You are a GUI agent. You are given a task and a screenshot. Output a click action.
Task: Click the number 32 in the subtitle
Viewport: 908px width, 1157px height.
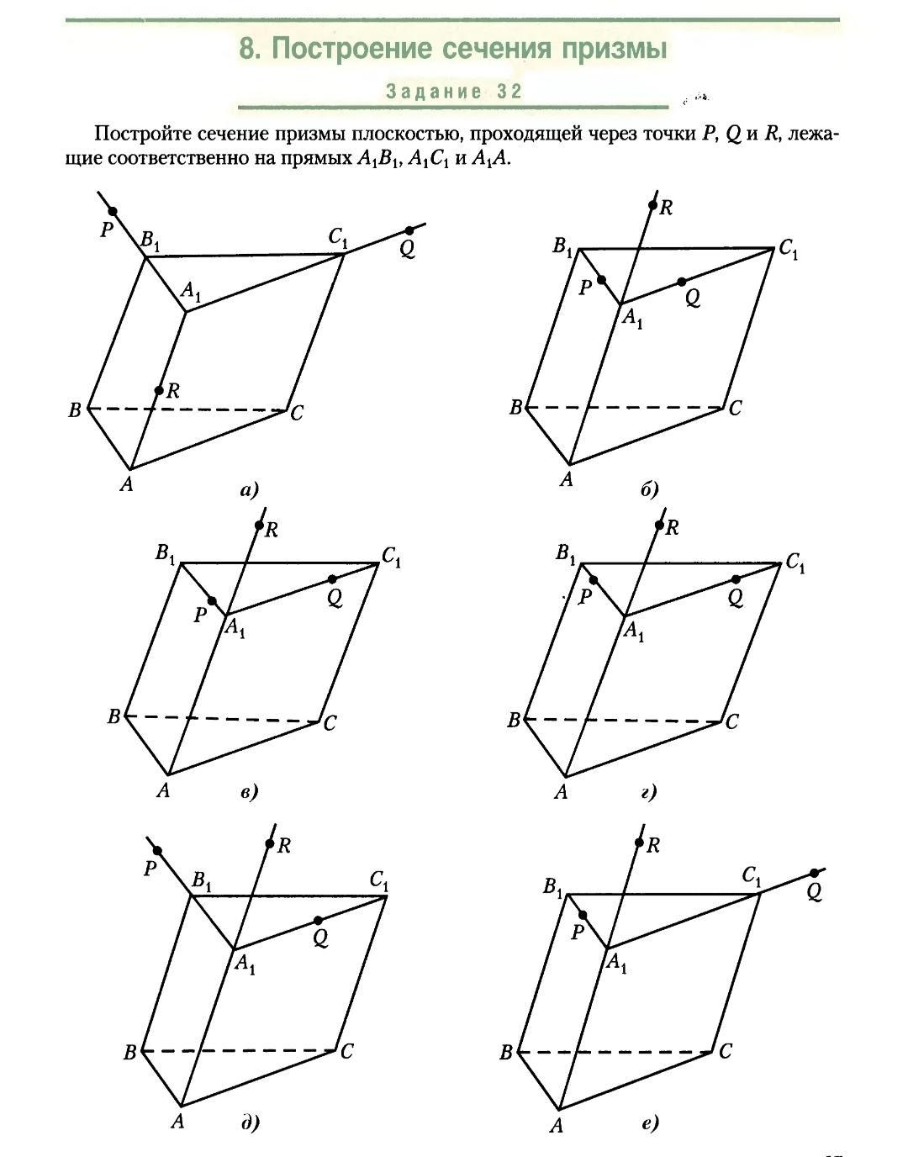(x=509, y=92)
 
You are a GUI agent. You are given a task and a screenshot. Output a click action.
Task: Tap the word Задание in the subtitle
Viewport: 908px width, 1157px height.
(x=434, y=92)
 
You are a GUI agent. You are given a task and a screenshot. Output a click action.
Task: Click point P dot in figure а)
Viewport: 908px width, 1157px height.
(x=113, y=212)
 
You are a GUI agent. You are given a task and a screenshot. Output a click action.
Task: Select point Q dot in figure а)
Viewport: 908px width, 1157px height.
(x=409, y=230)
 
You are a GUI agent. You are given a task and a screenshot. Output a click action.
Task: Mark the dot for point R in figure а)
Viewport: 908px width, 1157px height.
(x=159, y=390)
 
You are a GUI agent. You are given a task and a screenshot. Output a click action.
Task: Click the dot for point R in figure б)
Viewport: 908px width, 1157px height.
(x=652, y=205)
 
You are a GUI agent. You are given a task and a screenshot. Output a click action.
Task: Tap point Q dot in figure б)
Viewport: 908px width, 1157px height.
(x=681, y=282)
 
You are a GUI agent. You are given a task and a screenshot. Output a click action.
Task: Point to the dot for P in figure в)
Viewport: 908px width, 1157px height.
(x=212, y=601)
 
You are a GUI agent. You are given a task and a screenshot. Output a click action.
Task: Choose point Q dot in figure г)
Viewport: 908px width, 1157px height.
(x=736, y=579)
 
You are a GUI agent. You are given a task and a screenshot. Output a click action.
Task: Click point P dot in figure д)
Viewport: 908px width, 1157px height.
(x=157, y=851)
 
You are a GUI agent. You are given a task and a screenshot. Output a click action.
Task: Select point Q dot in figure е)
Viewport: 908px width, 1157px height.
(x=814, y=874)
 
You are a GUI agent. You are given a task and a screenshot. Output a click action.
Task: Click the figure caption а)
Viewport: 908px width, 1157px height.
(x=249, y=489)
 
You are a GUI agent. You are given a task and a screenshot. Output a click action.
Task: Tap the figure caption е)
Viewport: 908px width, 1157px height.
(x=649, y=1123)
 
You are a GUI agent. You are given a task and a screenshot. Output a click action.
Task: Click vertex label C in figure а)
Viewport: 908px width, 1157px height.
(x=296, y=414)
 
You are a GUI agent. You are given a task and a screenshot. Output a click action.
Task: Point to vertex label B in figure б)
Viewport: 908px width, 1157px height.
(x=515, y=409)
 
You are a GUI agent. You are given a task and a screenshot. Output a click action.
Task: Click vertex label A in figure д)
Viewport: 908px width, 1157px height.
(x=177, y=1122)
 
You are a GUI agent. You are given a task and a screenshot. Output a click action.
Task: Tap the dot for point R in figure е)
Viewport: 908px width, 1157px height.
(x=640, y=843)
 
